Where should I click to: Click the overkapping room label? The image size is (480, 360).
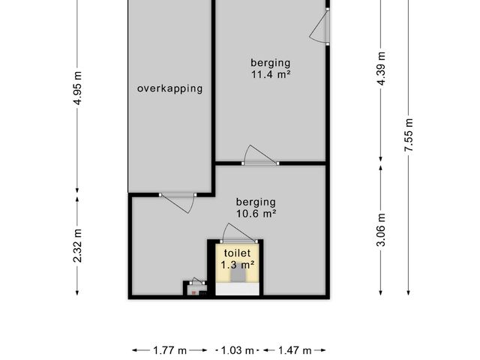pyautogui.click(x=170, y=88)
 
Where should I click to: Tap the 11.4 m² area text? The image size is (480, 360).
pyautogui.click(x=271, y=74)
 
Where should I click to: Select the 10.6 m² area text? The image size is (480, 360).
pyautogui.click(x=256, y=213)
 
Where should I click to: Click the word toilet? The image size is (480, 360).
pyautogui.click(x=237, y=253)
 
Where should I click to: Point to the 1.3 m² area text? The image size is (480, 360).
pyautogui.click(x=238, y=265)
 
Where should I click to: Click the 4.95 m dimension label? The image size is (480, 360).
pyautogui.click(x=78, y=88)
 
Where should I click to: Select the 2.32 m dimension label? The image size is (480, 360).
pyautogui.click(x=78, y=245)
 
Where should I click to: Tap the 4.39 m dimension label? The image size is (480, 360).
pyautogui.click(x=382, y=68)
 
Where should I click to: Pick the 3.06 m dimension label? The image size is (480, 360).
pyautogui.click(x=382, y=229)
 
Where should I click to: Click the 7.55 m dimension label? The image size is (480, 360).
pyautogui.click(x=409, y=135)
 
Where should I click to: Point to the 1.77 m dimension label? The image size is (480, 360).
pyautogui.click(x=170, y=350)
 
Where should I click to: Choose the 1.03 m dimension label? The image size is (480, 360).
pyautogui.click(x=237, y=350)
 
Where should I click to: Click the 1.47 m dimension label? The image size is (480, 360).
pyautogui.click(x=295, y=350)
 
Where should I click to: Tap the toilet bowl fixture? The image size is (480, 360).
pyautogui.click(x=238, y=275)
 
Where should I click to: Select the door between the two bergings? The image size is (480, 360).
pyautogui.click(x=260, y=156)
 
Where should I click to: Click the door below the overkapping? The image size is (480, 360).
pyautogui.click(x=178, y=202)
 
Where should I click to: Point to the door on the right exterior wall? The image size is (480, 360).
pyautogui.click(x=319, y=27)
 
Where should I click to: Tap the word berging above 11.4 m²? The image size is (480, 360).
pyautogui.click(x=271, y=63)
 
